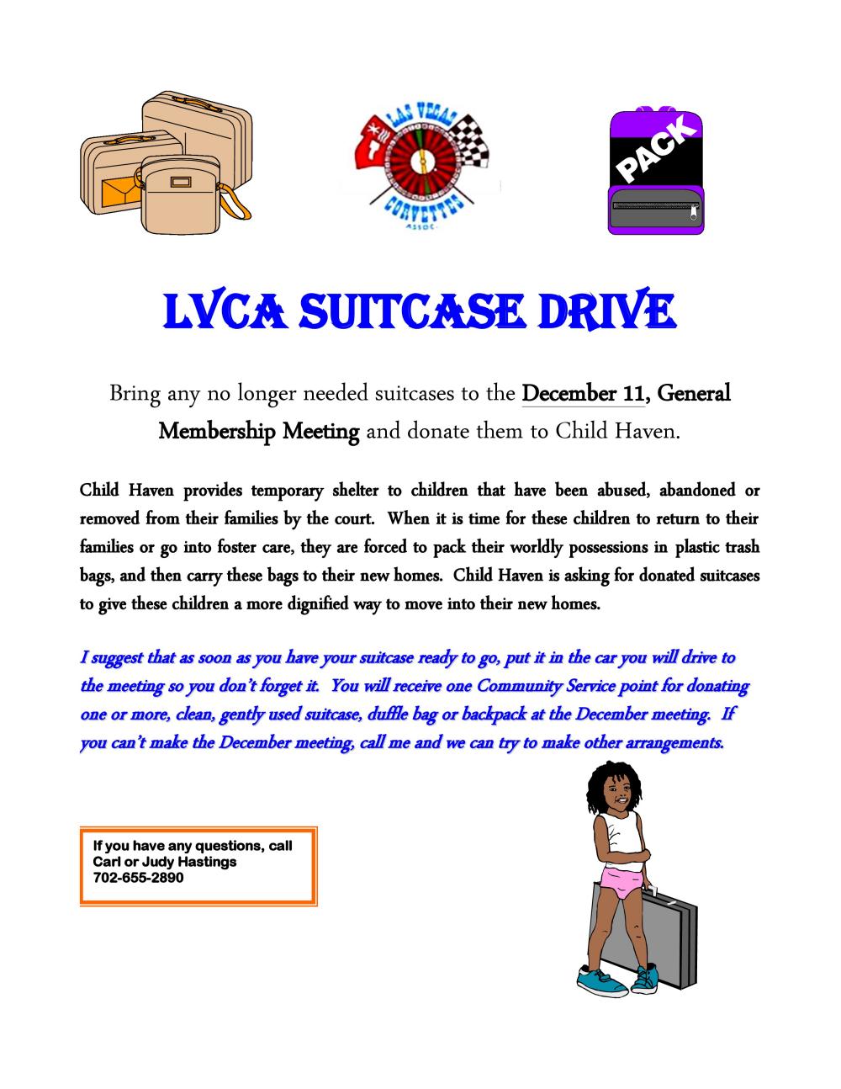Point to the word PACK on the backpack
(x=657, y=151)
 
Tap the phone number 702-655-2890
(x=138, y=877)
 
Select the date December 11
(x=584, y=393)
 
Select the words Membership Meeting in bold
(x=259, y=432)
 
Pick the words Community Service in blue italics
(x=546, y=686)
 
